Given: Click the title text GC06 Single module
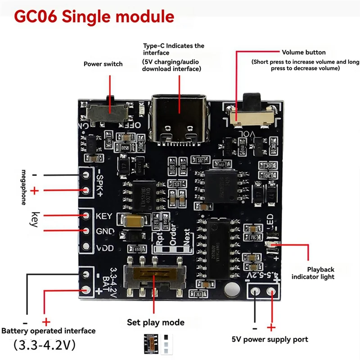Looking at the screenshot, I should tap(94, 17).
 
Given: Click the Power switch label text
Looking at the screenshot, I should tap(103, 64).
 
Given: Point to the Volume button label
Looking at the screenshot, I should tap(304, 52).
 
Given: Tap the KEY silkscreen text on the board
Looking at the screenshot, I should tap(104, 216).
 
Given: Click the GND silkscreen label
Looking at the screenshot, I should tap(104, 232).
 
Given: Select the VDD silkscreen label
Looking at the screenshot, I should tap(104, 248).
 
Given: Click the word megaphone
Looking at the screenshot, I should tap(24, 187).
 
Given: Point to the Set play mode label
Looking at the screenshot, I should tap(155, 323).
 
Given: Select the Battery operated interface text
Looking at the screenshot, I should tap(49, 331).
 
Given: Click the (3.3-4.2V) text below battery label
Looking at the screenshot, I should tap(44, 346).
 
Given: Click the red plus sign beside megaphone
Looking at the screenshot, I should tap(35, 191).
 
